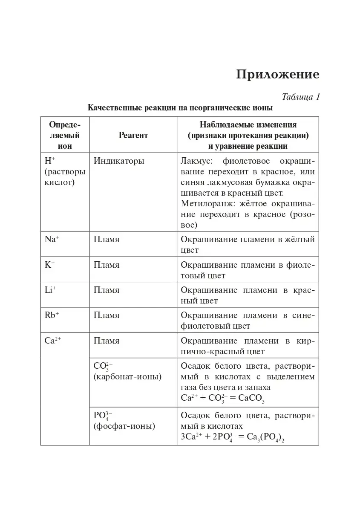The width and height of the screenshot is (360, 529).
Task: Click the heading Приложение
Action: click(x=277, y=74)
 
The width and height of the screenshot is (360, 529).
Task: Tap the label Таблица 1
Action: click(x=301, y=97)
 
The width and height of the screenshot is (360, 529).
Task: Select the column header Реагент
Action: click(x=133, y=135)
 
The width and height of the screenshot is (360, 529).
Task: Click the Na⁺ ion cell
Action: click(x=52, y=240)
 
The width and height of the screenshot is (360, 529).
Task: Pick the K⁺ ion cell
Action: click(x=50, y=265)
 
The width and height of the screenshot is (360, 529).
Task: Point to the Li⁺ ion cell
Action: click(x=50, y=290)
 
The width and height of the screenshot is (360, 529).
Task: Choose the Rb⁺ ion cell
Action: click(x=52, y=315)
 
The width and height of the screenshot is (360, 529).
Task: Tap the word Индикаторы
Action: click(x=119, y=161)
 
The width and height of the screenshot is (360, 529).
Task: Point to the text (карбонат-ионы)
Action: click(x=127, y=377)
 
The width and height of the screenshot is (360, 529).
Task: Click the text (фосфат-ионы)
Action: click(x=124, y=426)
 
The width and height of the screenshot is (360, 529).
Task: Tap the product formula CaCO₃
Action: click(x=251, y=398)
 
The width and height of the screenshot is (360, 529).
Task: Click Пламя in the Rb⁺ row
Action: click(x=107, y=315)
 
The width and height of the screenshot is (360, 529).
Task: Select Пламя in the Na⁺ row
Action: click(x=107, y=240)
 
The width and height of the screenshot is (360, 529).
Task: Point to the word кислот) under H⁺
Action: click(x=60, y=182)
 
